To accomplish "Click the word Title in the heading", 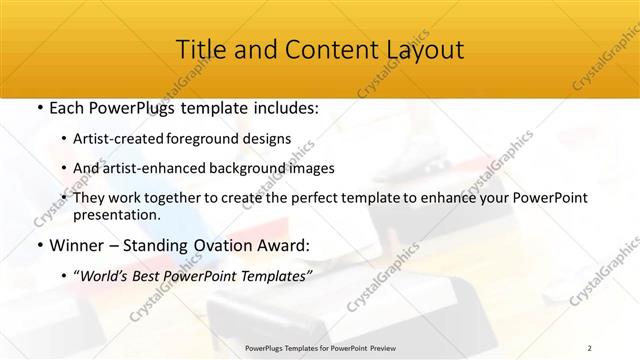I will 200,50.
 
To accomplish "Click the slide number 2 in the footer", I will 589,347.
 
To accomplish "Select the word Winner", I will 76,244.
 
